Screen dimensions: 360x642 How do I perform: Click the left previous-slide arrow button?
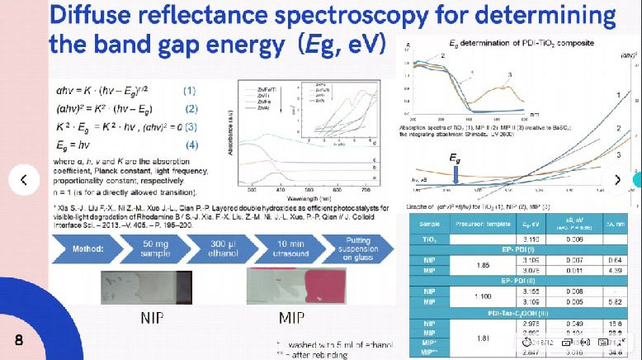click(24, 178)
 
